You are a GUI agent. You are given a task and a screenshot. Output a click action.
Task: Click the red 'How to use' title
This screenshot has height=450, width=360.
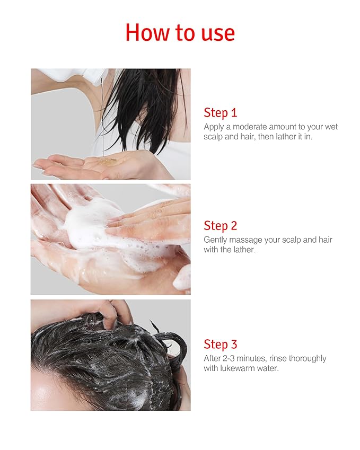180,32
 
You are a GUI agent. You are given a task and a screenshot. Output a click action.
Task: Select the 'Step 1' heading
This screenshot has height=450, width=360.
220,112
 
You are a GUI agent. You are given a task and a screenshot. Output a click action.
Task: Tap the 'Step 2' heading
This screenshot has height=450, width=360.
220,226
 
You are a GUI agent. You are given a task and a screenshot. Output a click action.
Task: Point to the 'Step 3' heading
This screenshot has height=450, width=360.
220,345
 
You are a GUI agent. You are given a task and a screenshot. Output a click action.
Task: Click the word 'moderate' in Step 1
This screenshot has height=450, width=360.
249,127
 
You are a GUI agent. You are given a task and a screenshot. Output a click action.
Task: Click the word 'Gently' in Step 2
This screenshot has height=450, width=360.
215,240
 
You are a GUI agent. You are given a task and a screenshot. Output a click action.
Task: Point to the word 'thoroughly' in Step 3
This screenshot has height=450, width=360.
308,359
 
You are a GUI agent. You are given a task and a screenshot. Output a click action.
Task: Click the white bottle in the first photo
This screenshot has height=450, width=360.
80,75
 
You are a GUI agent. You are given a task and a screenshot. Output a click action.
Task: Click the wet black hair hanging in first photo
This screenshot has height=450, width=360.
143,106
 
